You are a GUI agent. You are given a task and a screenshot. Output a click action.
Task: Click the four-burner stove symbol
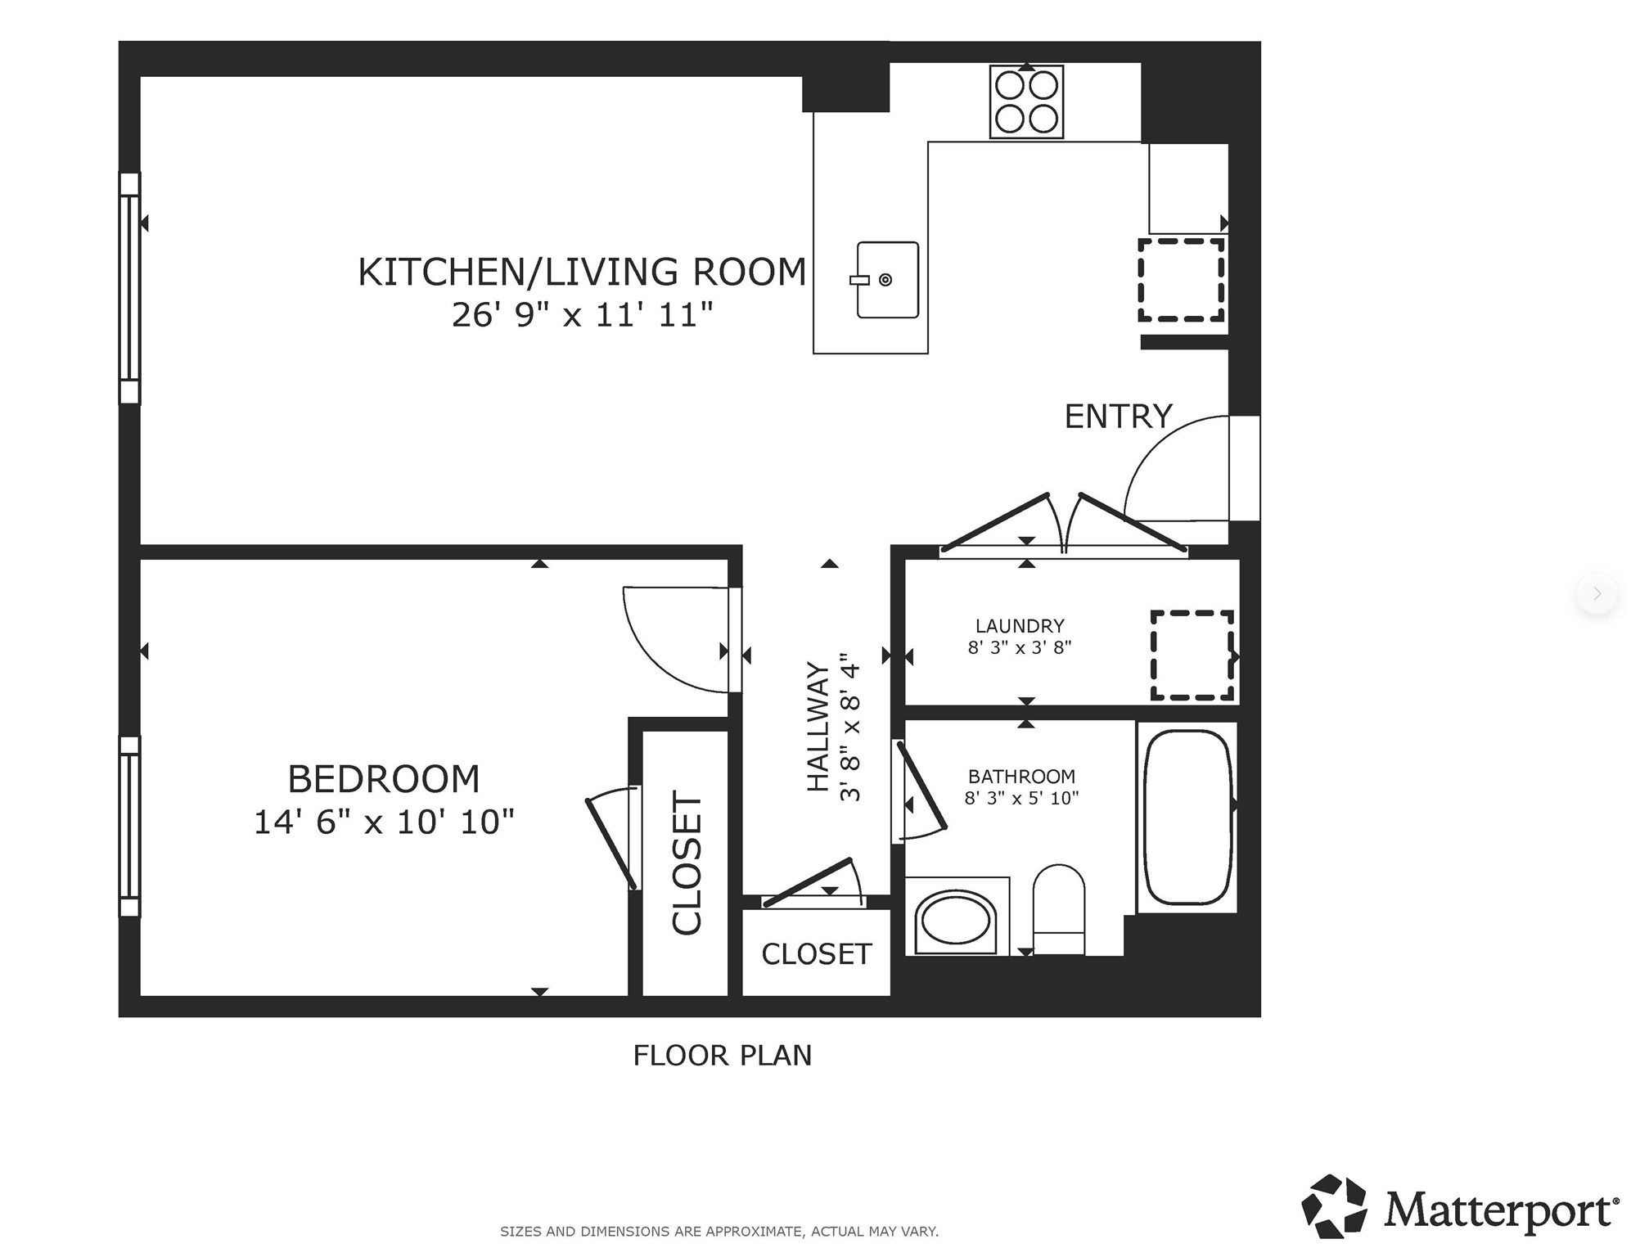click(1026, 102)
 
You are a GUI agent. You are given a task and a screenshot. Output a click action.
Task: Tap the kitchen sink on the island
click(887, 280)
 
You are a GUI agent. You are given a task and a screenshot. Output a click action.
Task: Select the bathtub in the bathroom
click(1187, 817)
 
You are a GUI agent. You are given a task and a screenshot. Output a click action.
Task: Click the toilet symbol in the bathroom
click(1059, 908)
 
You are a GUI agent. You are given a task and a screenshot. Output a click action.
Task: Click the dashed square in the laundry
click(1192, 655)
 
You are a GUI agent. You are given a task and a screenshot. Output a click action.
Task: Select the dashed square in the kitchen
click(1181, 280)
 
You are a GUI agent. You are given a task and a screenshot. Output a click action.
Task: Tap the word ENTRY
click(1118, 417)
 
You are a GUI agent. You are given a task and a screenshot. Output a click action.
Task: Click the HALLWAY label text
click(818, 726)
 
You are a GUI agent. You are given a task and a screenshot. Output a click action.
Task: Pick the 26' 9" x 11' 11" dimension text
click(583, 315)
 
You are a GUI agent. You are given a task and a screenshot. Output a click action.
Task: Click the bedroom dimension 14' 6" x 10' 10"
click(384, 822)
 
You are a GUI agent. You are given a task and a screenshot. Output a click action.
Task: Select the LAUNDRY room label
click(1020, 626)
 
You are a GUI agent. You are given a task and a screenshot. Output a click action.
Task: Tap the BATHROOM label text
click(1021, 776)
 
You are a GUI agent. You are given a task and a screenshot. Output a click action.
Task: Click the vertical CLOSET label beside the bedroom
click(687, 863)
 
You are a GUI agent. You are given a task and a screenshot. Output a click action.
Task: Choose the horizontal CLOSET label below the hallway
click(816, 954)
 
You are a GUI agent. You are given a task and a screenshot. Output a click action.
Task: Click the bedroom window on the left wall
click(130, 827)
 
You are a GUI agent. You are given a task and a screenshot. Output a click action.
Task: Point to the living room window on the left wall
click(130, 288)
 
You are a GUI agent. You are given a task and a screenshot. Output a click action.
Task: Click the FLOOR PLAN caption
click(722, 1056)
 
